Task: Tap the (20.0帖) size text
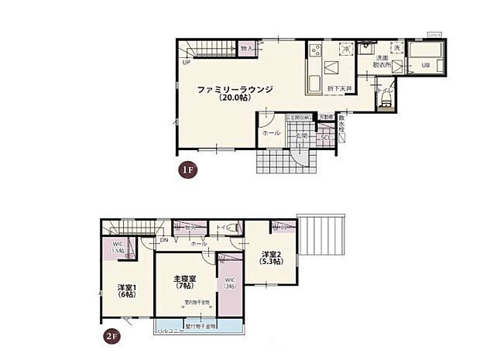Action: [x=235, y=99]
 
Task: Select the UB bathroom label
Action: [x=425, y=65]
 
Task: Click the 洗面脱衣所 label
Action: [x=382, y=63]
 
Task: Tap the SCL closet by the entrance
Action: [x=326, y=138]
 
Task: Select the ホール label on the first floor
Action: [x=271, y=133]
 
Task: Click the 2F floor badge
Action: [x=112, y=336]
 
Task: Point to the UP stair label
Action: [x=187, y=63]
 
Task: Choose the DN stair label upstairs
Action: [x=165, y=240]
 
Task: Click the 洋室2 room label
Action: [x=271, y=257]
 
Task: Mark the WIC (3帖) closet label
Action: [x=229, y=283]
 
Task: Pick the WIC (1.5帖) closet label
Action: [x=116, y=249]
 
